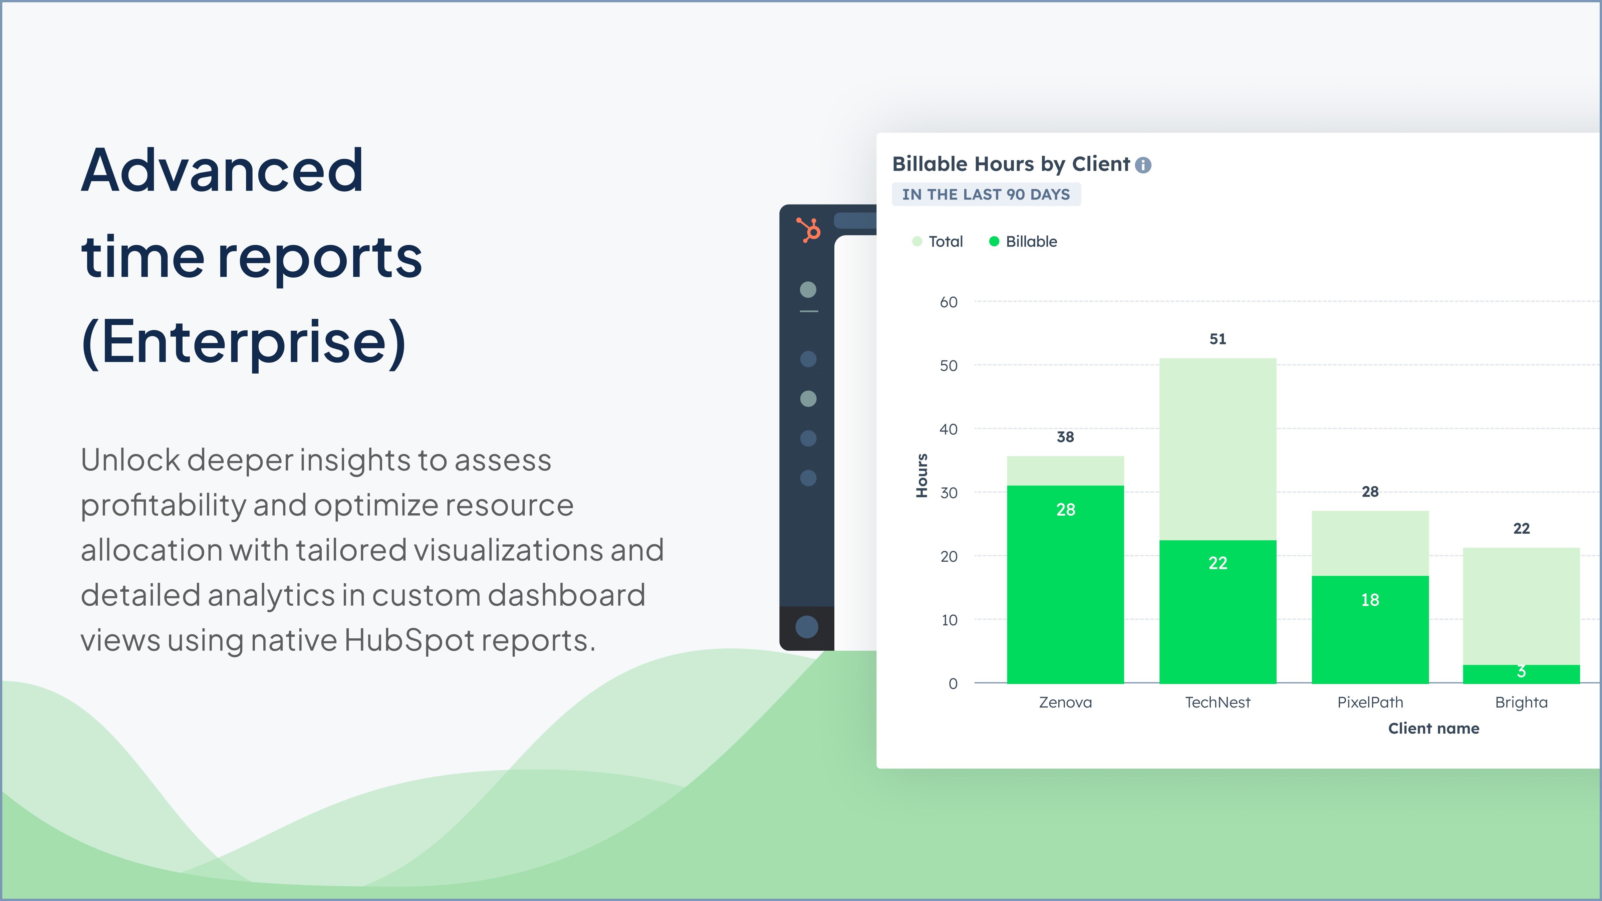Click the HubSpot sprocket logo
pyautogui.click(x=808, y=230)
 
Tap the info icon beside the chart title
pyautogui.click(x=1143, y=165)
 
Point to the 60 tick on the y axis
pyautogui.click(x=949, y=303)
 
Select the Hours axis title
pyautogui.click(x=921, y=476)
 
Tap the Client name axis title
pyautogui.click(x=1433, y=728)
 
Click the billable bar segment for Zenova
pyautogui.click(x=1065, y=585)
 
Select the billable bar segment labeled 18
pyautogui.click(x=1370, y=629)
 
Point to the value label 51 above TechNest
pyautogui.click(x=1218, y=339)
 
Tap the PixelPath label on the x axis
pyautogui.click(x=1370, y=702)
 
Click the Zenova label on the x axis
pyautogui.click(x=1065, y=702)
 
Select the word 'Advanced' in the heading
pyautogui.click(x=222, y=171)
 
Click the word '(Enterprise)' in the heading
pyautogui.click(x=244, y=342)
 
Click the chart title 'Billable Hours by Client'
pyautogui.click(x=1011, y=164)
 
